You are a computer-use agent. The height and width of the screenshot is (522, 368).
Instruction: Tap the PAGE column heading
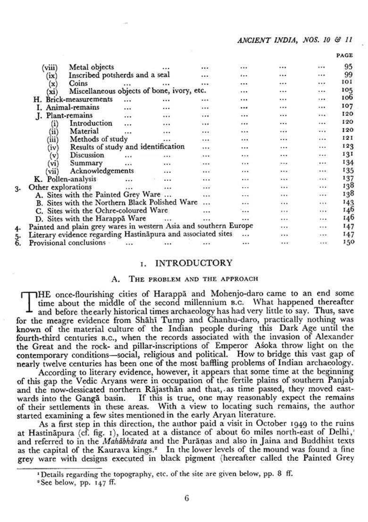click(344, 56)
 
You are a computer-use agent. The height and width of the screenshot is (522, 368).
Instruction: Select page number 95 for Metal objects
click(348, 67)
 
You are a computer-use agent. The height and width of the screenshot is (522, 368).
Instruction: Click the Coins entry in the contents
click(78, 83)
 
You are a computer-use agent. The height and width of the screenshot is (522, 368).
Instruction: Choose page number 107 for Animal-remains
click(347, 106)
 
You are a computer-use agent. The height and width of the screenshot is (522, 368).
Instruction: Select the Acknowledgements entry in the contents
click(101, 171)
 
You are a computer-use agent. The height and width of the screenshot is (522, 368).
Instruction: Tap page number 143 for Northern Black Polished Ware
click(347, 202)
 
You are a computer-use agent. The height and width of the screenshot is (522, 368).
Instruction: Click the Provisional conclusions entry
click(67, 243)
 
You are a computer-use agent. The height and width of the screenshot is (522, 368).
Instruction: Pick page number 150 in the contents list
click(347, 243)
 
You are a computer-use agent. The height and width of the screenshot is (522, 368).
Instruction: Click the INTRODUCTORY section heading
click(193, 263)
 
